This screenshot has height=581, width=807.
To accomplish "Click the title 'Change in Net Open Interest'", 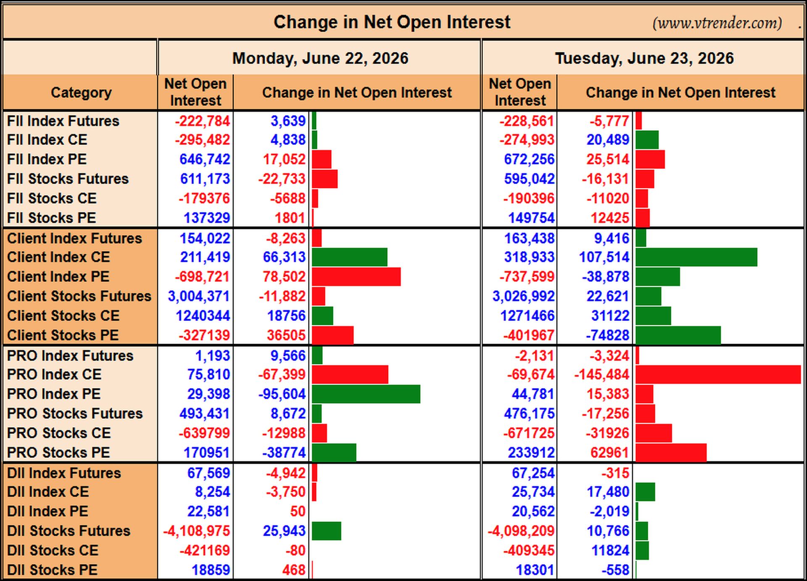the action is point(392,22).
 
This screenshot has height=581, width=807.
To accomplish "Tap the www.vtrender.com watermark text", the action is point(717,23).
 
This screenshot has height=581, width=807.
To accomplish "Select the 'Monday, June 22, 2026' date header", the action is point(320,58).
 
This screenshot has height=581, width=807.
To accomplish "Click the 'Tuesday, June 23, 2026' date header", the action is point(644,58).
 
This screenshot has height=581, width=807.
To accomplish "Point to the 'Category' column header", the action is point(81,92).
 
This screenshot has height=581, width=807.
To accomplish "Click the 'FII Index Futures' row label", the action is point(63,121).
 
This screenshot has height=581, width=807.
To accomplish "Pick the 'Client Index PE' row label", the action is point(58,276).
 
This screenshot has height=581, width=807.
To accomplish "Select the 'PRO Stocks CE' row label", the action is point(59,433).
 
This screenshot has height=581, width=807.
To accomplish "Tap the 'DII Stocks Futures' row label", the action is point(69,531).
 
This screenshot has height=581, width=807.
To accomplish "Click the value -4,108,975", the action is point(196,531).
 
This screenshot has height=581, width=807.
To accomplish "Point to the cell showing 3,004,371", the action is point(198,296).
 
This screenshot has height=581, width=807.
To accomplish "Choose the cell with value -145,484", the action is point(601,374).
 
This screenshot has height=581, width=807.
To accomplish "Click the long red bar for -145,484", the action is point(718,374).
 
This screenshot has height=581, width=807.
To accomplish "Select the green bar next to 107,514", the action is point(696,257).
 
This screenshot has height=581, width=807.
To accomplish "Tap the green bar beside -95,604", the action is point(366,394).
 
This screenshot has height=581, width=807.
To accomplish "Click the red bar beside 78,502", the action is point(356,277).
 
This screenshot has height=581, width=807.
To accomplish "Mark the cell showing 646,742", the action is point(205,159).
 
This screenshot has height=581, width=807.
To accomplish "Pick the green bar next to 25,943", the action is point(327,531).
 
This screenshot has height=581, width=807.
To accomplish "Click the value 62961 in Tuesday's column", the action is point(609,452).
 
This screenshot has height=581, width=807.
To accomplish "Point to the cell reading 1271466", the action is point(527,315).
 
